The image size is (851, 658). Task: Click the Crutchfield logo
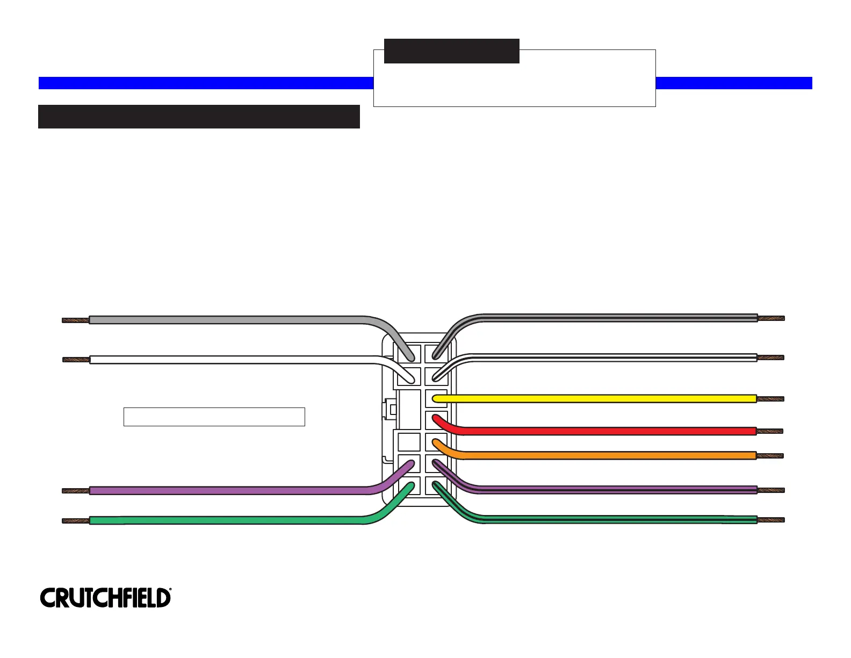[105, 598]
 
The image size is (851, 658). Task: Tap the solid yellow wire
[591, 399]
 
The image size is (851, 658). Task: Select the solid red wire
[591, 431]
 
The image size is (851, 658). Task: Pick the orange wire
[591, 455]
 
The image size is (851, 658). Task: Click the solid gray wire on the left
[226, 320]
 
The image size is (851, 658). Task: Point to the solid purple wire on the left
[226, 490]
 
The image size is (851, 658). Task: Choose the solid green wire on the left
[226, 520]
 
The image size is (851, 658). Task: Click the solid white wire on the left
[226, 360]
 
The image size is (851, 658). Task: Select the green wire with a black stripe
[618, 520]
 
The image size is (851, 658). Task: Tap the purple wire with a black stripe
[618, 490]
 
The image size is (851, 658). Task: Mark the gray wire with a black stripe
[618, 318]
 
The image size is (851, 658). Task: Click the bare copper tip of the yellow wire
[770, 399]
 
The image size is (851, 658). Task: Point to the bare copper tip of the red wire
[770, 431]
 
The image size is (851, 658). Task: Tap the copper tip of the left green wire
[75, 520]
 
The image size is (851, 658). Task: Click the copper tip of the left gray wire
[75, 320]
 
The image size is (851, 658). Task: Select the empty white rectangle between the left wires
[214, 417]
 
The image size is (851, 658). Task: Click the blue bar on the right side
[733, 83]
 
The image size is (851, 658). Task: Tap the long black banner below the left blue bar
[199, 117]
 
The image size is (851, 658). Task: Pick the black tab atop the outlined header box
[451, 51]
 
